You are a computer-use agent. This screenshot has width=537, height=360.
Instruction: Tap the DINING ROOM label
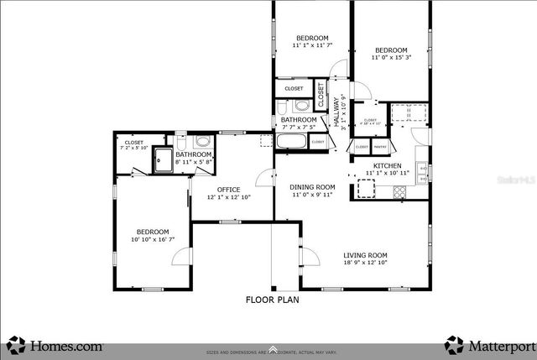click(312, 186)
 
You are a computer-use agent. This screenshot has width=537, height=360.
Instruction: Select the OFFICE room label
click(229, 189)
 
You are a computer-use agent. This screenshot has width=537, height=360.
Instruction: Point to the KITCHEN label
click(387, 165)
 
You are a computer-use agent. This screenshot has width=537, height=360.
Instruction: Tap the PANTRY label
click(380, 147)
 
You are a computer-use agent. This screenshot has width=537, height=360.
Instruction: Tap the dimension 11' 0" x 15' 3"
click(390, 57)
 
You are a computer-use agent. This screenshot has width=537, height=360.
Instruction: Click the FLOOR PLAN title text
click(271, 299)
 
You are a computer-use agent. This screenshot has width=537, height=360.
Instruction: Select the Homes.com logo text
click(66, 344)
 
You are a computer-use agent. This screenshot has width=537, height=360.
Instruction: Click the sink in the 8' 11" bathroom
click(202, 143)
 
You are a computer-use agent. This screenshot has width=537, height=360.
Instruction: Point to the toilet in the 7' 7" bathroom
click(285, 107)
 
